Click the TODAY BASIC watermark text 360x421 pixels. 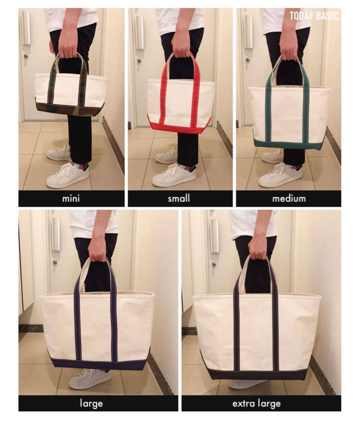click(x=314, y=16)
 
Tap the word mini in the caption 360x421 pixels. click(x=71, y=198)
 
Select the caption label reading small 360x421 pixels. click(x=179, y=198)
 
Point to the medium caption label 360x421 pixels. click(x=289, y=198)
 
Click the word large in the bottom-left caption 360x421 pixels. click(x=91, y=403)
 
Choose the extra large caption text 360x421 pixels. click(x=256, y=403)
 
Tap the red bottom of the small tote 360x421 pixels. click(x=179, y=125)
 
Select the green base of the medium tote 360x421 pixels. click(x=289, y=144)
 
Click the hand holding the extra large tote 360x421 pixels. click(x=258, y=247)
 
